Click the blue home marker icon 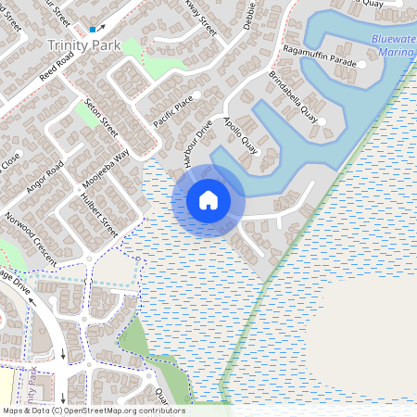[208, 199]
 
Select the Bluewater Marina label [394, 45]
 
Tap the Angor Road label [44, 178]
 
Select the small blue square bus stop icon [93, 30]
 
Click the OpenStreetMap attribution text [93, 411]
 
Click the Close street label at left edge [10, 163]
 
